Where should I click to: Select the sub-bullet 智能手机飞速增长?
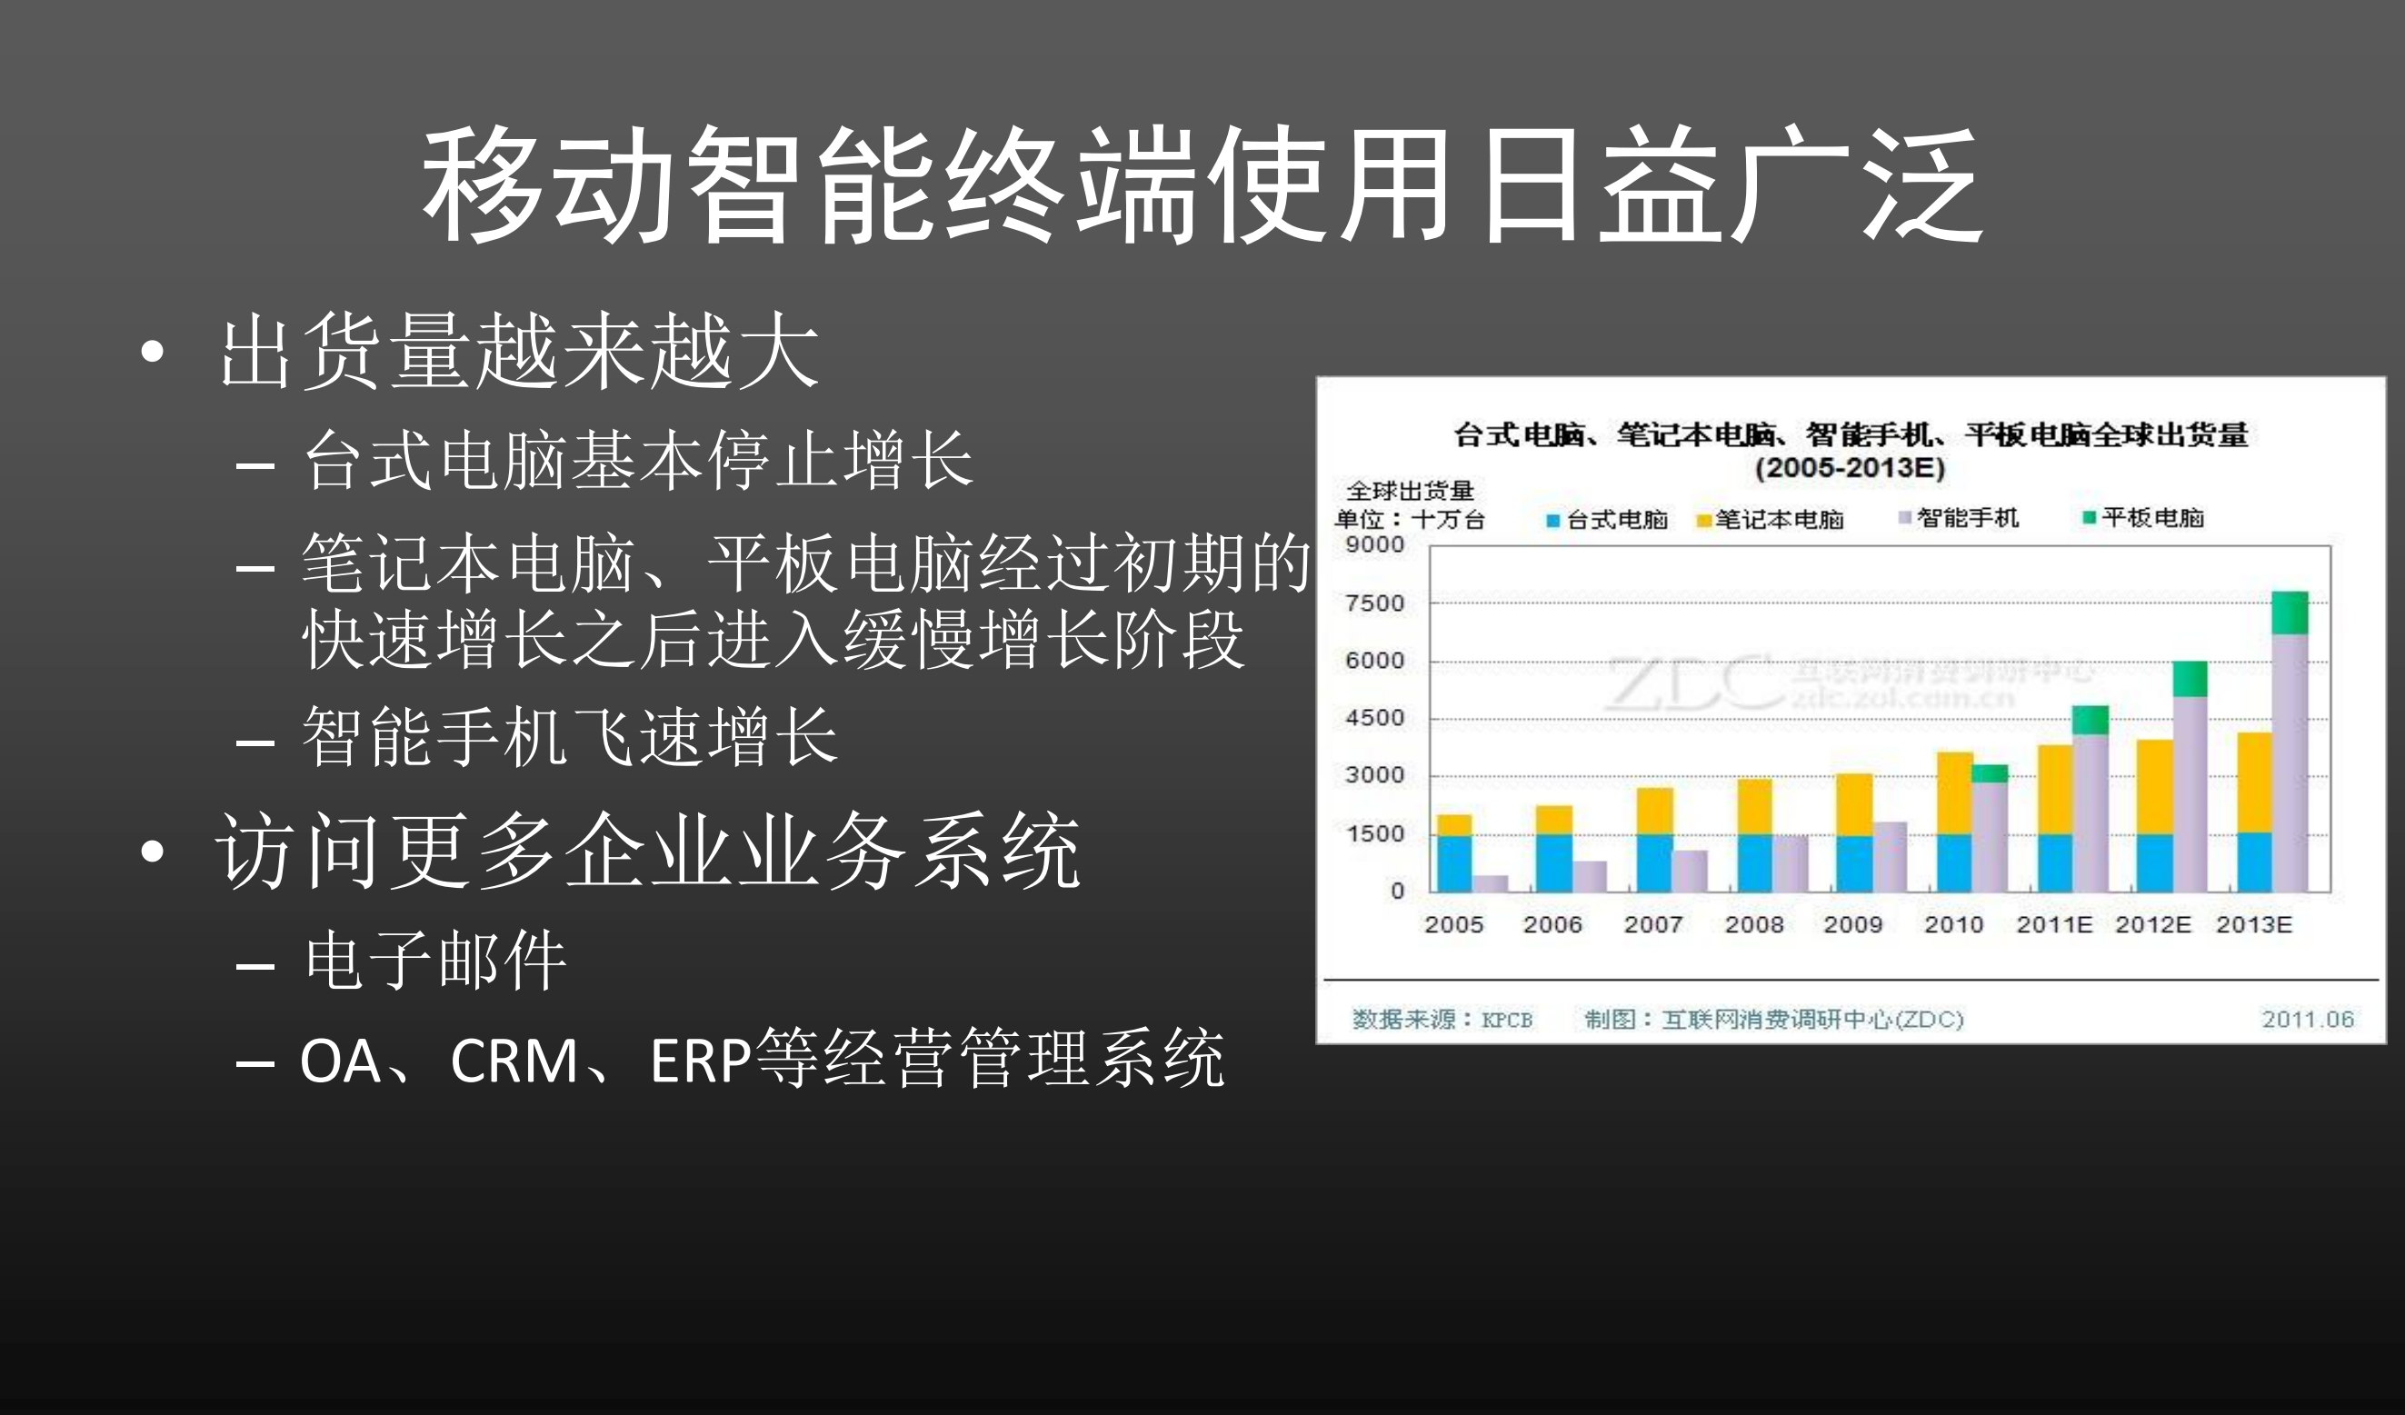(x=570, y=737)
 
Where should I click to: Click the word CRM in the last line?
(x=514, y=1060)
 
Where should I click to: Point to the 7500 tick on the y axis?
(x=1374, y=603)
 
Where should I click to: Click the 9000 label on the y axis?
(x=1374, y=544)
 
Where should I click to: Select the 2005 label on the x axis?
(x=1453, y=923)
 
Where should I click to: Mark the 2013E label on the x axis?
(x=2253, y=923)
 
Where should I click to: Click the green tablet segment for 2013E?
(x=2290, y=613)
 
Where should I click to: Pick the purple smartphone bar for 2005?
(x=1490, y=882)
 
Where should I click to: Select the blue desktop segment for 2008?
(x=1754, y=862)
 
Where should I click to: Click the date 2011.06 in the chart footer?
(x=2307, y=1019)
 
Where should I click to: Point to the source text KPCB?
(x=1506, y=1019)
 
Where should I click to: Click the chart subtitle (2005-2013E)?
(x=1850, y=467)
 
